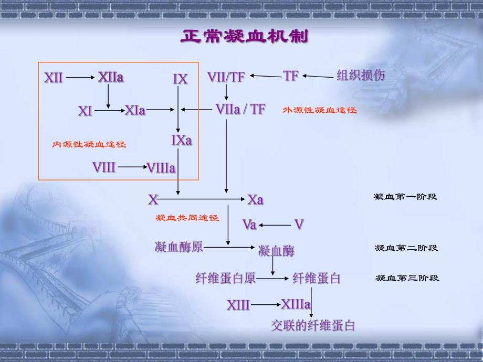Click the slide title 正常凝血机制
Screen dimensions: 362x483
coord(244,36)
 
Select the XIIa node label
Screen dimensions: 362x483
coord(111,78)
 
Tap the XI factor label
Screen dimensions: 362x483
coord(85,111)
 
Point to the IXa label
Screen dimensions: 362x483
coord(182,140)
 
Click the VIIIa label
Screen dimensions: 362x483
coord(161,168)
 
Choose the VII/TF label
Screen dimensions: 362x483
coord(226,77)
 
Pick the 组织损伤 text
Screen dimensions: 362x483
coord(361,76)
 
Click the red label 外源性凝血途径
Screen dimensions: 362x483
coord(319,110)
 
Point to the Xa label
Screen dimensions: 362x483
coord(256,200)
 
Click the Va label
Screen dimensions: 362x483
coord(249,225)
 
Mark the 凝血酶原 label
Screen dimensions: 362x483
coord(179,247)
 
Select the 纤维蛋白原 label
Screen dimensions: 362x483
coord(226,279)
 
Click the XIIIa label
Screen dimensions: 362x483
coord(296,304)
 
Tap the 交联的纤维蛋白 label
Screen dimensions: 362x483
coord(313,326)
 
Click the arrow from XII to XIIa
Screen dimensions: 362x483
coord(80,78)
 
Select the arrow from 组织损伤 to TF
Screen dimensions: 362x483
coord(318,76)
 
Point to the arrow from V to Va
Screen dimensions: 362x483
coord(275,225)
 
